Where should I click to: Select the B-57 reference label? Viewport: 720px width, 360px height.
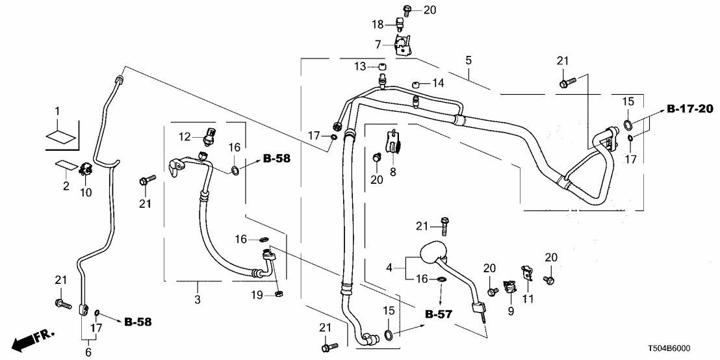click(439, 315)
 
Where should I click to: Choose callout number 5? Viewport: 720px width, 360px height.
click(469, 60)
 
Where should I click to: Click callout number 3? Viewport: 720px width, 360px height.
click(198, 300)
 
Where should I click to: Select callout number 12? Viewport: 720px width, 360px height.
click(185, 136)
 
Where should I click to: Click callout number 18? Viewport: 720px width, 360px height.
click(378, 24)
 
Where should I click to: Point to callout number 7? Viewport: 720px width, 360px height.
click(378, 44)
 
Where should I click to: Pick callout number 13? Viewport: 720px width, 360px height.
click(360, 66)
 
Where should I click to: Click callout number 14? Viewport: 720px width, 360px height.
click(439, 83)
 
